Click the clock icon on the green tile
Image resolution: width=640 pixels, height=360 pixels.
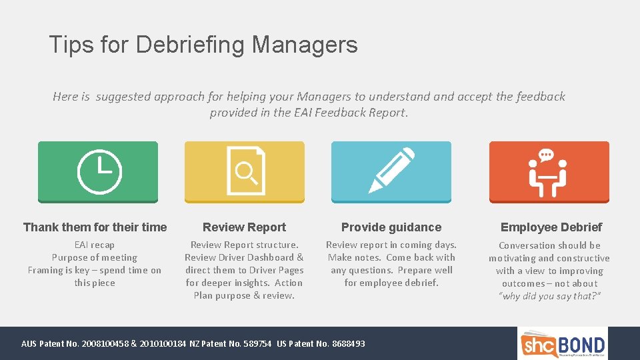pos(99,172)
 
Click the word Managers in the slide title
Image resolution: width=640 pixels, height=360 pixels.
pos(305,45)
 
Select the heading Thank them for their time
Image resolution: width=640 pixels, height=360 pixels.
pos(95,227)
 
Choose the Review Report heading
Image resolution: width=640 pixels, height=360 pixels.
pos(244,227)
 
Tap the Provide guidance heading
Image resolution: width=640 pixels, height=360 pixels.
pos(391,227)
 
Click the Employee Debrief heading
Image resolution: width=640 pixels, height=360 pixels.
pos(551,227)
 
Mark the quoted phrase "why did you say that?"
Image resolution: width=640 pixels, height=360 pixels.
pos(549,296)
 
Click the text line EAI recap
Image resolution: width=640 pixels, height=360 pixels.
pos(95,245)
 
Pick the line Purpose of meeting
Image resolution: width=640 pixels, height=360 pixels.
pos(95,258)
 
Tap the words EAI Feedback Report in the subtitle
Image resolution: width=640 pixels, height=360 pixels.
pos(349,113)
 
